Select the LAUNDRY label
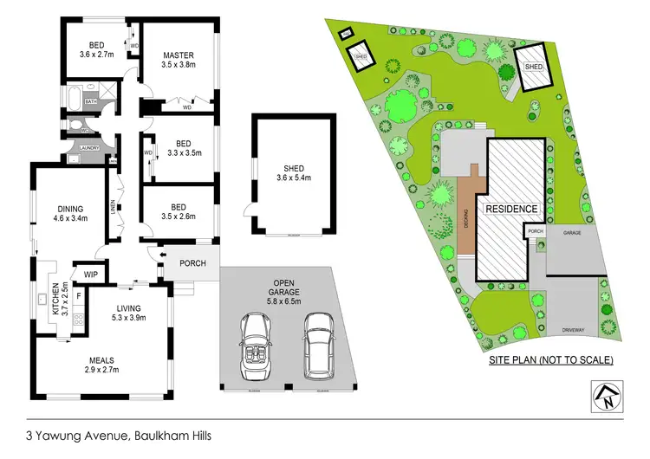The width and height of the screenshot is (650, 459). pos(89,148)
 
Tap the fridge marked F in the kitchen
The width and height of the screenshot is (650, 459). pos(80,295)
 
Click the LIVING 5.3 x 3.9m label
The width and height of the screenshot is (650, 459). pos(127,314)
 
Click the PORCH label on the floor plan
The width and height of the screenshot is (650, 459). pos(192,263)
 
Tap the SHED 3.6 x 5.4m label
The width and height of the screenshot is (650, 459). pos(292,173)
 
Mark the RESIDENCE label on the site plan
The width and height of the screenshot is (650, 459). pos(511,210)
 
